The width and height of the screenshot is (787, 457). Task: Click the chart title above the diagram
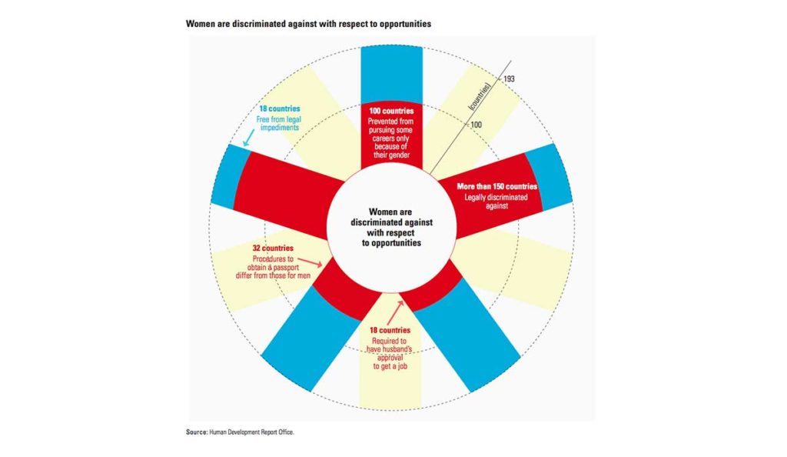click(x=308, y=24)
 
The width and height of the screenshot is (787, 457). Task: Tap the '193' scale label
click(x=510, y=79)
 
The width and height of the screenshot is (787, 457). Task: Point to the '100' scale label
click(x=477, y=124)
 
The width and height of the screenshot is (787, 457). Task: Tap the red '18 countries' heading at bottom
click(x=391, y=331)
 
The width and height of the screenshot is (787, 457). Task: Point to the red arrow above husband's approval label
click(x=398, y=309)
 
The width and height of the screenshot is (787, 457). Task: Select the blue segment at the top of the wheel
click(x=391, y=73)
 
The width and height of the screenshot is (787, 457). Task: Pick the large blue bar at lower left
click(x=310, y=335)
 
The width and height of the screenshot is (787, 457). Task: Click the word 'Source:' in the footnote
click(x=196, y=432)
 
